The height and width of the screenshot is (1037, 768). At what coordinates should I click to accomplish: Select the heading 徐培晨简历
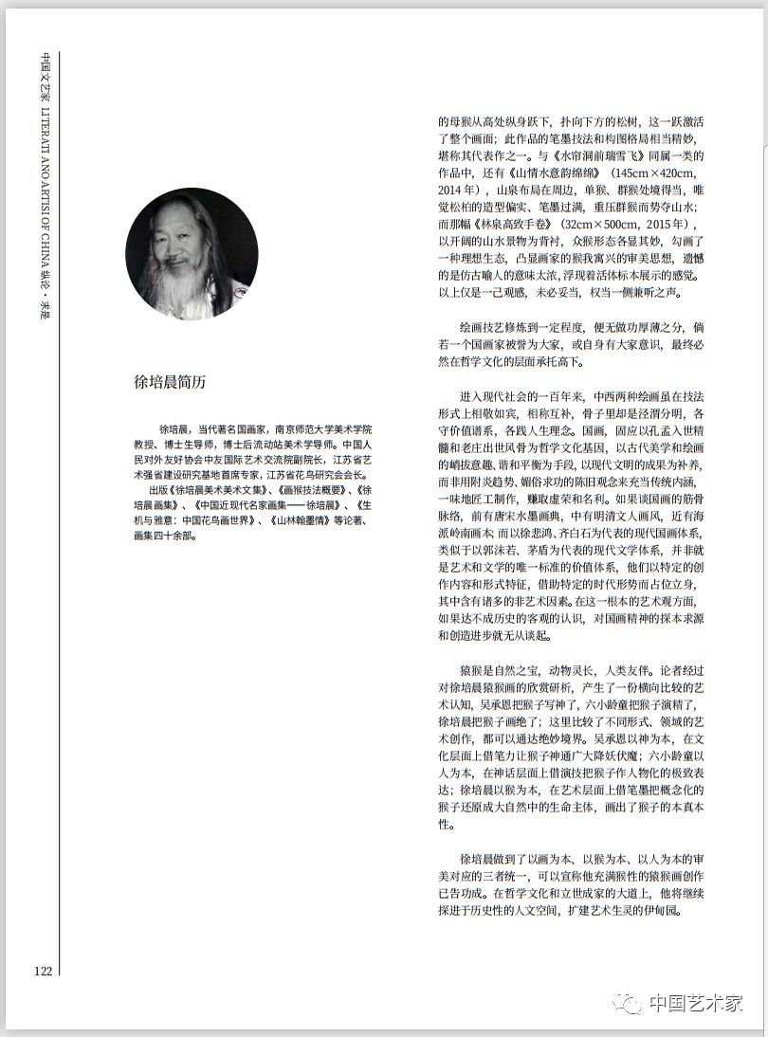[170, 382]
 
